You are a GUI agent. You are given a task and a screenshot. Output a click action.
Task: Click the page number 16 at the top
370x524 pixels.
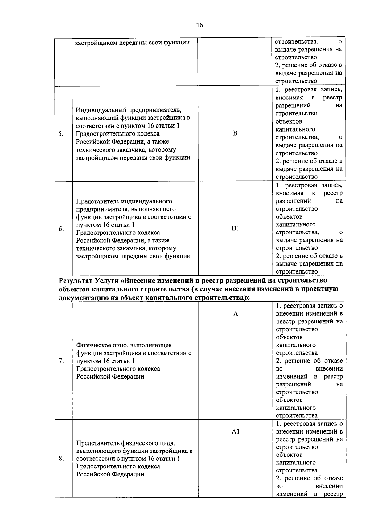tap(199, 25)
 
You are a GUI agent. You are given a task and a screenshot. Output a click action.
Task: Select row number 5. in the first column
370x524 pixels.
tap(61, 134)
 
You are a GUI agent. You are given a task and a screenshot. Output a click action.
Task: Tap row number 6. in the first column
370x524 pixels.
tap(61, 228)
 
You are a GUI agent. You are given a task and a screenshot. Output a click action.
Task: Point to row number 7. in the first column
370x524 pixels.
tap(61, 361)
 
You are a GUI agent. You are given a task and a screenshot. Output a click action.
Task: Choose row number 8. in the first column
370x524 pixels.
tap(61, 459)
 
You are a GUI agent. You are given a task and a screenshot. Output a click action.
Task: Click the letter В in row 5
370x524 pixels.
tap(235, 133)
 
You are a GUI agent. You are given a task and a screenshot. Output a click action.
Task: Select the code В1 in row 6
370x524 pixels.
tap(235, 228)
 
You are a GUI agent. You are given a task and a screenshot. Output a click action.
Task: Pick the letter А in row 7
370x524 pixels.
tap(236, 314)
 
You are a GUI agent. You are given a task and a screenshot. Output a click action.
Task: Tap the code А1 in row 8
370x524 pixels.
tap(236, 432)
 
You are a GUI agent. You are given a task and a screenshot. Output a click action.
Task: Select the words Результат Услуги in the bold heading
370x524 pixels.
tap(88, 281)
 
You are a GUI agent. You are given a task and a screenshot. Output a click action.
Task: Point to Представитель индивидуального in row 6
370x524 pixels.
tap(124, 201)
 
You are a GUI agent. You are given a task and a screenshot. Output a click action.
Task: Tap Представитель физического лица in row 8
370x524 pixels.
tap(126, 443)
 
